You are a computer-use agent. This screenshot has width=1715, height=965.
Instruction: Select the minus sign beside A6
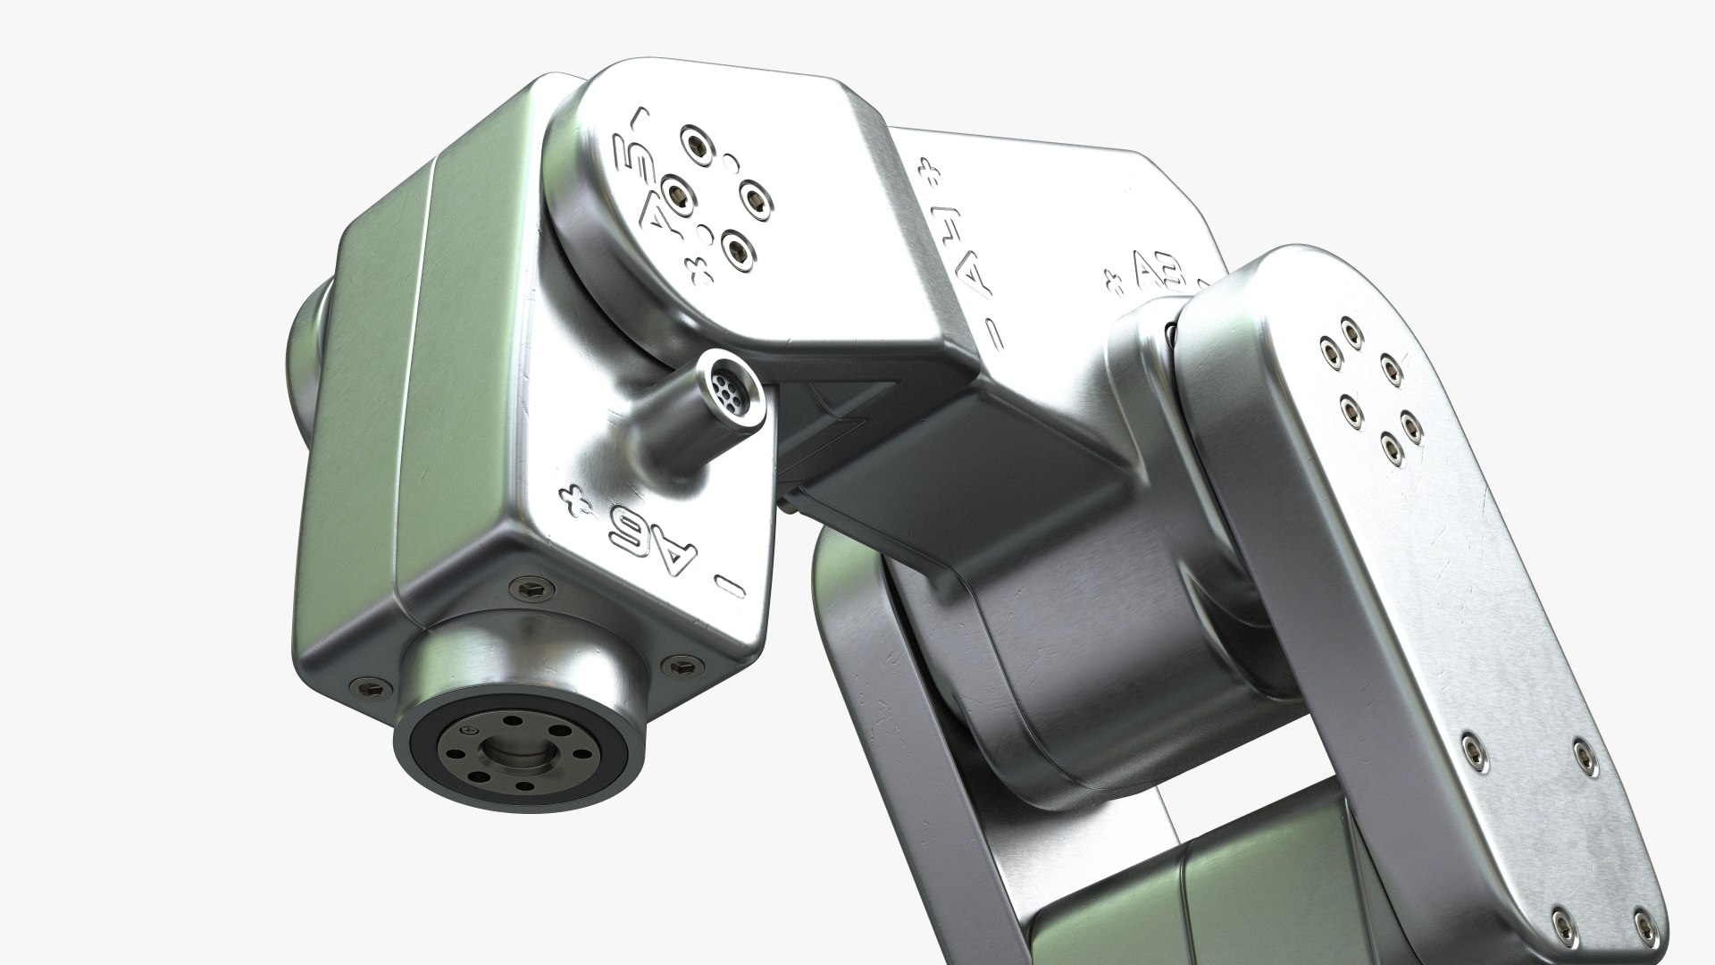pyautogui.click(x=731, y=586)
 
